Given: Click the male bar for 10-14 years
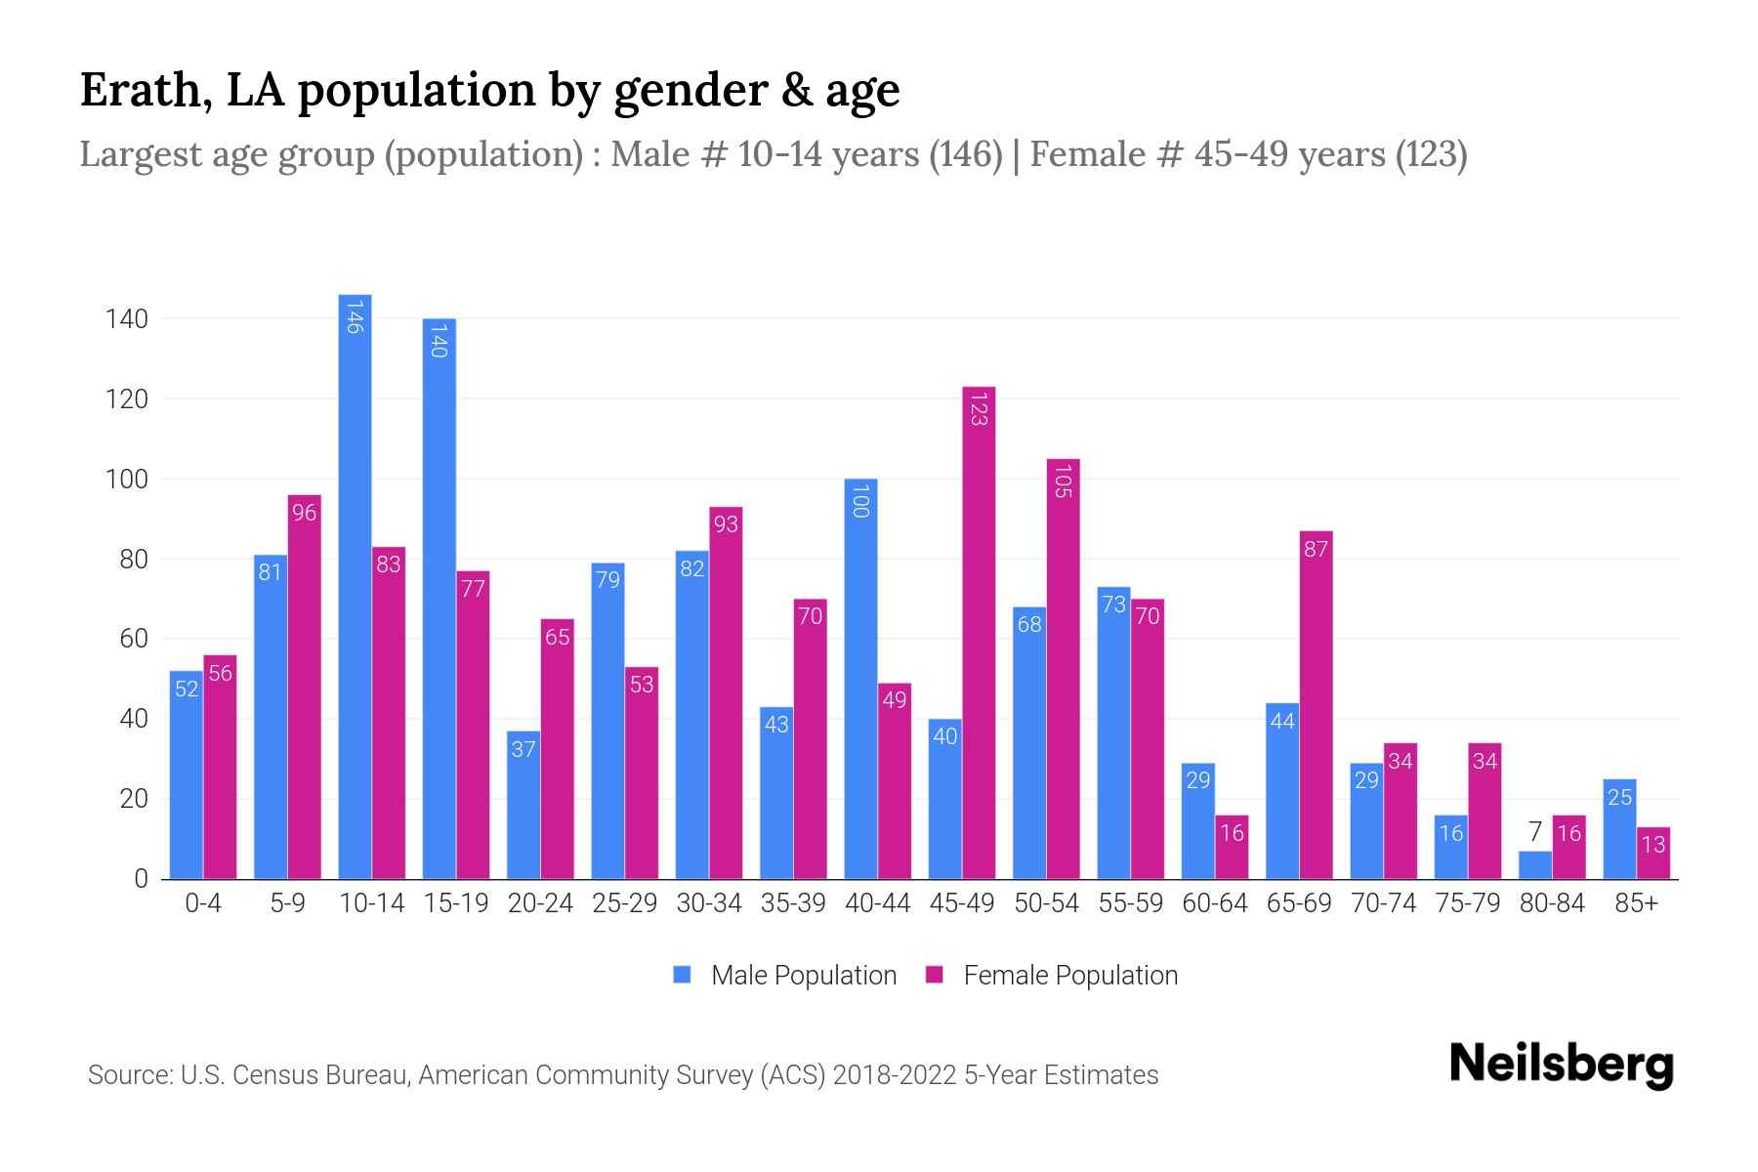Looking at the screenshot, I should [x=355, y=586].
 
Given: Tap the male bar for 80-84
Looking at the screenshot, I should [x=1535, y=865].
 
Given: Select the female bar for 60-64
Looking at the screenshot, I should [x=1232, y=847].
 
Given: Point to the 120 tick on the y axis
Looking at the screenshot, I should [x=127, y=399].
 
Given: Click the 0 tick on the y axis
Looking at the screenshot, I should [x=141, y=879].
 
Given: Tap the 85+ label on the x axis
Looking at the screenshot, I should [x=1636, y=903].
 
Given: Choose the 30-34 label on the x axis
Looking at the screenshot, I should [x=709, y=903].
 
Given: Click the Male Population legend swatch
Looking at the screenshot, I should [x=683, y=975].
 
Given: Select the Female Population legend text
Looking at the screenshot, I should [x=1070, y=975].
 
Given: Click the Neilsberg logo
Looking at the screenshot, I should [x=1562, y=1065].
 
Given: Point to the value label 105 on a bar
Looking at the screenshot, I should [x=1064, y=481].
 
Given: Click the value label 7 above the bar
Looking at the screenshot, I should [x=1535, y=832].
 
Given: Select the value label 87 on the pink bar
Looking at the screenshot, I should [x=1316, y=550].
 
